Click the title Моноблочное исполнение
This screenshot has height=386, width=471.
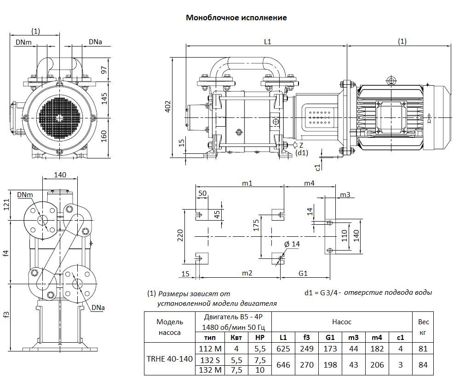tap(236, 18)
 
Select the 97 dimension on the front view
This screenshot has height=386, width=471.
tap(104, 70)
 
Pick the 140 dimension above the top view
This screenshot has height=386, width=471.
tap(60, 175)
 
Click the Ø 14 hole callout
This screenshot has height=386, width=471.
tap(292, 244)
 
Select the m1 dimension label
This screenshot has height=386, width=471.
tap(247, 183)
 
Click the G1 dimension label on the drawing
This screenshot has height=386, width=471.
tap(303, 273)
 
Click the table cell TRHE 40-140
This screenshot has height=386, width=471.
tap(169, 359)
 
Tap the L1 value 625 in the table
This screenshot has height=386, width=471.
tap(283, 349)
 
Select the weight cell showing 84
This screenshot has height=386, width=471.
tap(423, 364)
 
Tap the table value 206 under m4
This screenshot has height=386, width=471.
tap(377, 364)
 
